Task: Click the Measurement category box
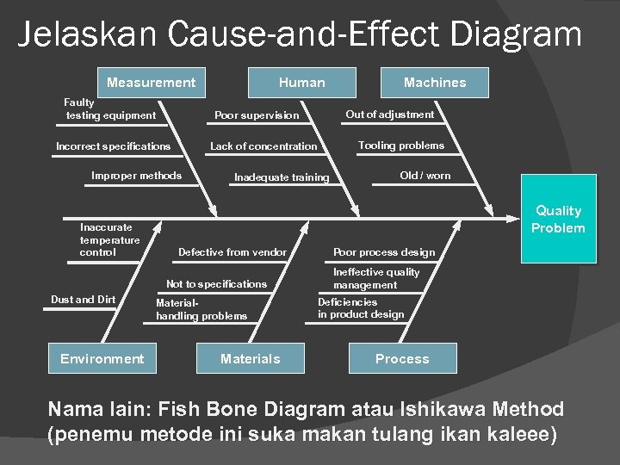point(152,83)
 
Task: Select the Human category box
point(301,83)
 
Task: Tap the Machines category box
point(435,83)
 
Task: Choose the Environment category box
point(102,358)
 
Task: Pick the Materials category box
point(251,358)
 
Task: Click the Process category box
point(402,358)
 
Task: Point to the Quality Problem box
point(558,219)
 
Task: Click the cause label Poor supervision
point(257,115)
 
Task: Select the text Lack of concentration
point(263,146)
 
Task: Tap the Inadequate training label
point(282,177)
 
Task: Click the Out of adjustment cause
point(390,114)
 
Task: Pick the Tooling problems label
point(401,146)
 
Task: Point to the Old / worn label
point(425,176)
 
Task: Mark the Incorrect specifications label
point(113,146)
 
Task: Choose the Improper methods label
point(136,176)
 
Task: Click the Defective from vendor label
point(232,252)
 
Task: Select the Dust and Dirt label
point(83,300)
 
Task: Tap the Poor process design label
point(384,252)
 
